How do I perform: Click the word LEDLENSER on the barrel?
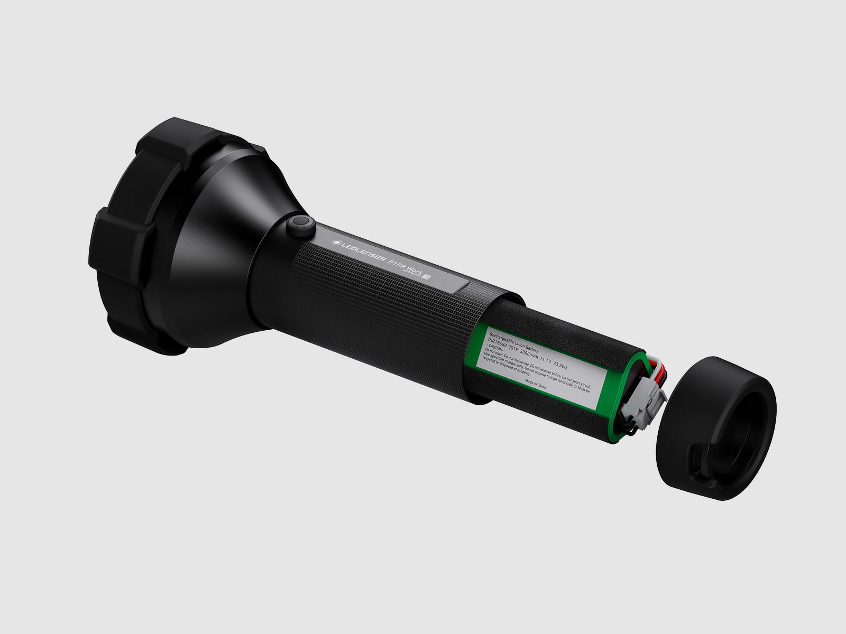click(363, 251)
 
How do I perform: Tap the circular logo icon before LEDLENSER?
click(337, 243)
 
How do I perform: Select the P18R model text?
click(397, 265)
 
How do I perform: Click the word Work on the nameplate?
click(415, 271)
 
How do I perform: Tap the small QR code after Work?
click(427, 276)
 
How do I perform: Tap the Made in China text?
click(535, 385)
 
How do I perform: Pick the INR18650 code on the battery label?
click(497, 342)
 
